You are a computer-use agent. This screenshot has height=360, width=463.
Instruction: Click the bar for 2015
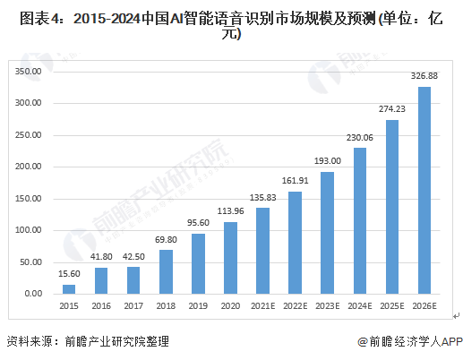pyautogui.click(x=69, y=288)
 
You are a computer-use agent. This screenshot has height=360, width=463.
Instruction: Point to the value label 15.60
pyautogui.click(x=69, y=274)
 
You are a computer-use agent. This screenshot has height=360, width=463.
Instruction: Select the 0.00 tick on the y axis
pyautogui.click(x=33, y=294)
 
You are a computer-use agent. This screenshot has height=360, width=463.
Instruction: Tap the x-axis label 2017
pyautogui.click(x=133, y=308)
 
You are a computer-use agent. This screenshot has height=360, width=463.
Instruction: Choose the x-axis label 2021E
pyautogui.click(x=262, y=308)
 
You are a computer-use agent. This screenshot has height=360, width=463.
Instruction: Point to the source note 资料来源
pyautogui.click(x=87, y=341)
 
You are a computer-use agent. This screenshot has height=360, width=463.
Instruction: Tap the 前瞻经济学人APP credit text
pyautogui.click(x=409, y=341)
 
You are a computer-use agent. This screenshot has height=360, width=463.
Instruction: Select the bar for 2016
pyautogui.click(x=101, y=280)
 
